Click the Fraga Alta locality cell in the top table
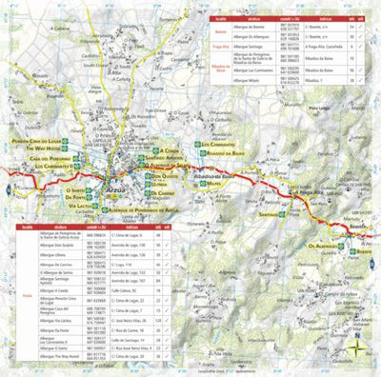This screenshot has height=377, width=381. click(x=219, y=43)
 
